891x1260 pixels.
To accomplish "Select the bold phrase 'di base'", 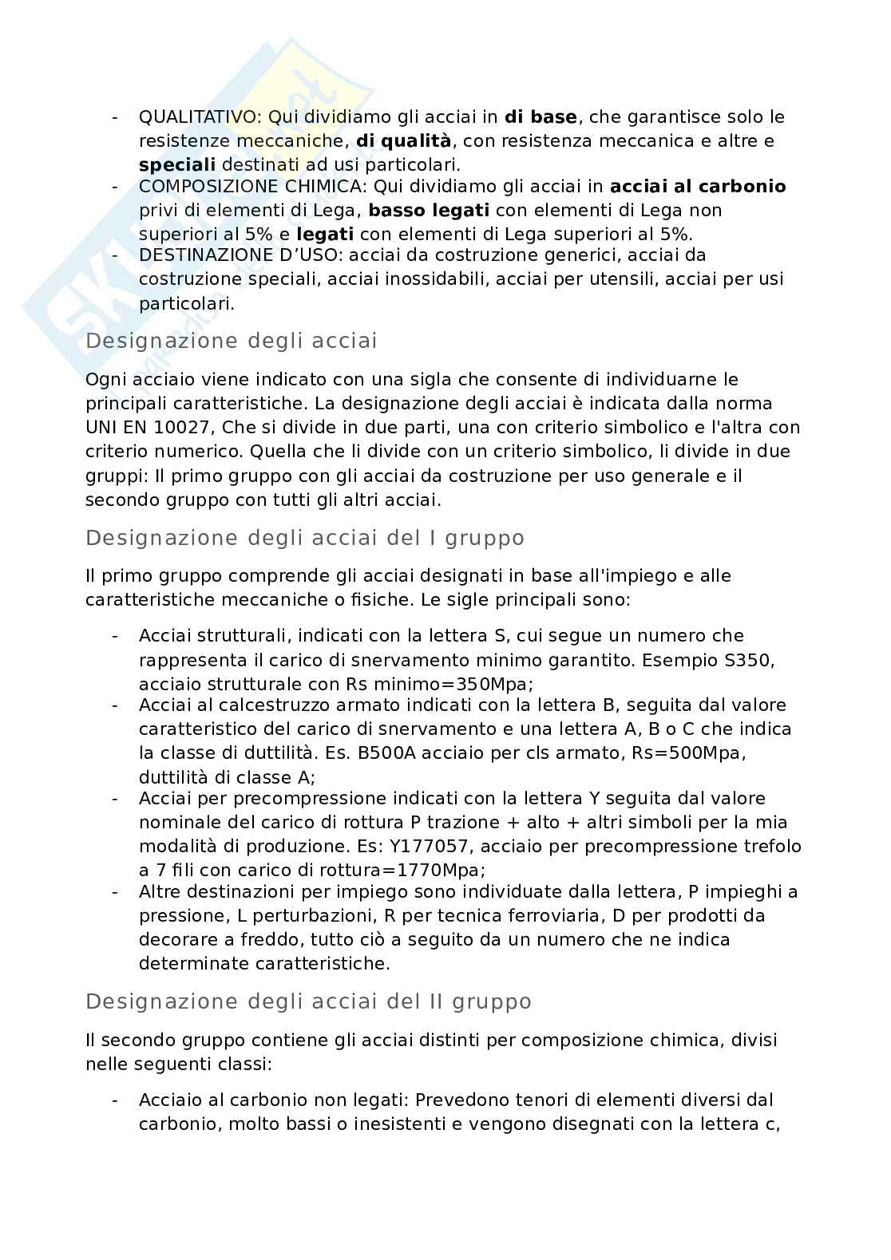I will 541,117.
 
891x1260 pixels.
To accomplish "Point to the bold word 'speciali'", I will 177,165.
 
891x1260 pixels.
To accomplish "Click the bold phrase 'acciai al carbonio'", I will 698,187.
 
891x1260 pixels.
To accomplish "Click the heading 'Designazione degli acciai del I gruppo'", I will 305,538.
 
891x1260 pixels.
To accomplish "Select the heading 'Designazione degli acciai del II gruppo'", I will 308,1001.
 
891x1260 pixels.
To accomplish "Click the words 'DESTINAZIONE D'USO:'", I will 242,255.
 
